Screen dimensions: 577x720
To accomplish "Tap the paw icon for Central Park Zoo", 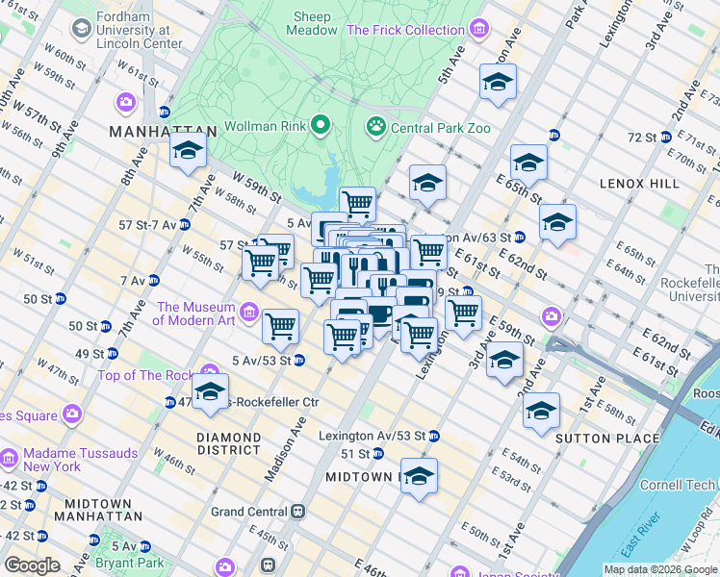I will (x=375, y=126).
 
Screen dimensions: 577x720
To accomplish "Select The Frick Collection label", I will (x=405, y=30).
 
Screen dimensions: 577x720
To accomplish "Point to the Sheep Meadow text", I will (x=312, y=23).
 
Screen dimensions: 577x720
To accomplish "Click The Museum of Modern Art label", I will (x=196, y=314).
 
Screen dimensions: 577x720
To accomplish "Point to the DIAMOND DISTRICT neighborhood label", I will (x=228, y=443).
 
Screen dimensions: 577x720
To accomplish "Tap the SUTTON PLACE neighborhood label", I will (x=607, y=439).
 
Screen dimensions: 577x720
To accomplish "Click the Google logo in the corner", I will (x=32, y=565).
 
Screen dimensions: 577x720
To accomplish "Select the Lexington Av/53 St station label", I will (x=372, y=436).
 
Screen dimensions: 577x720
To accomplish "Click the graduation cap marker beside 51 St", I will (x=419, y=476).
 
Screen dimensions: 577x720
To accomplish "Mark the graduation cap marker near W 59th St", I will (x=188, y=149).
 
